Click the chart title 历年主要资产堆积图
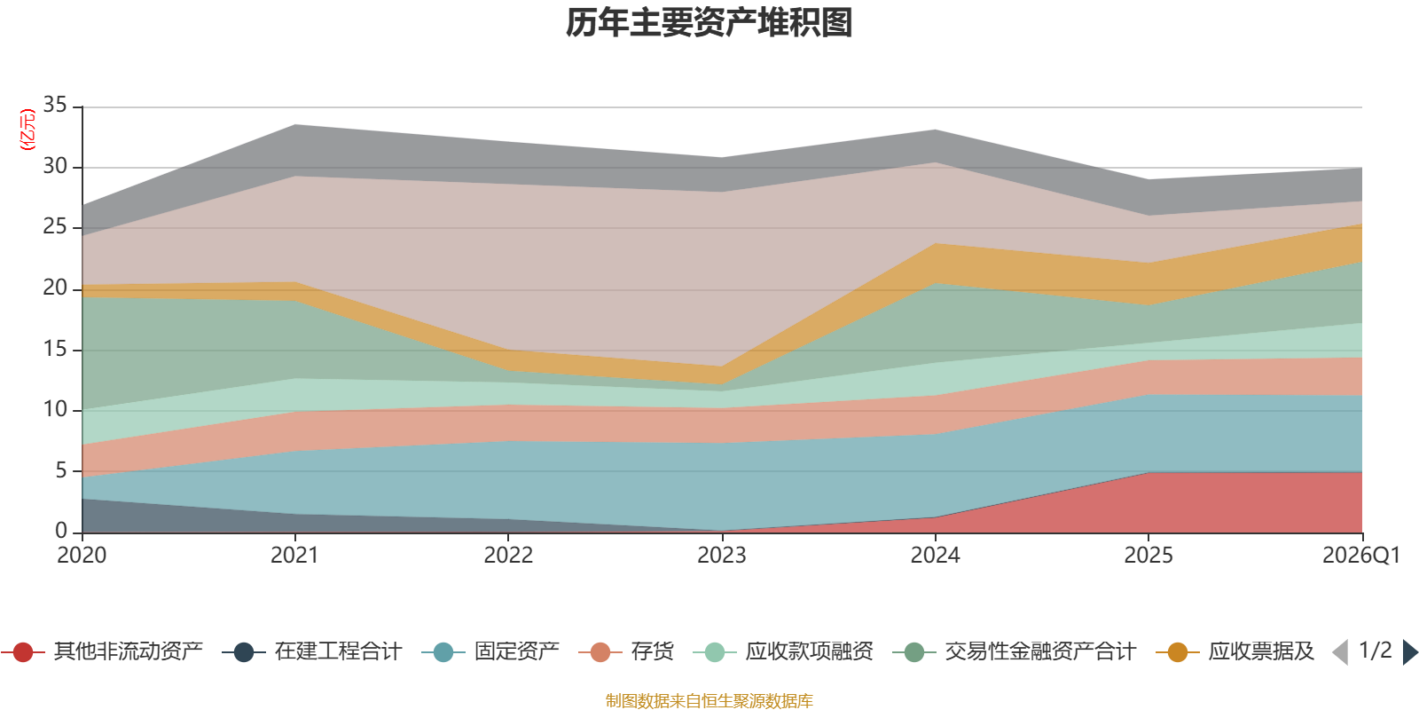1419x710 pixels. (709, 23)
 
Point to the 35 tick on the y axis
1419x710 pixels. (55, 106)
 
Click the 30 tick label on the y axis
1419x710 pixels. (55, 167)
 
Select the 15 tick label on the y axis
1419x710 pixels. (55, 350)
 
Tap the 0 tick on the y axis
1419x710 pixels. (61, 531)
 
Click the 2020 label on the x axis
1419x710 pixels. (82, 556)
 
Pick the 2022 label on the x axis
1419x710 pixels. (508, 556)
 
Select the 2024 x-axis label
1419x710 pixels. (935, 556)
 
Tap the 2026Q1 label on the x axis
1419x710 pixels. (1360, 556)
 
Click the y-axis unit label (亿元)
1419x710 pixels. (27, 130)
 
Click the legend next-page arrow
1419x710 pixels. (1409, 652)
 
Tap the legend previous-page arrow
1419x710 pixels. (1340, 652)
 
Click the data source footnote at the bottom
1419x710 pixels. (709, 701)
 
